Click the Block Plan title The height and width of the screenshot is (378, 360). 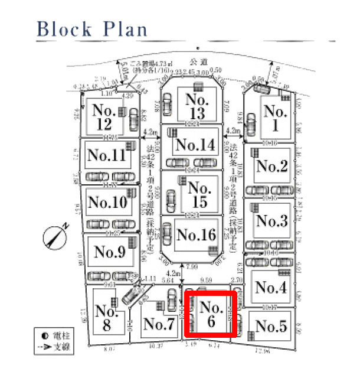tap(91, 28)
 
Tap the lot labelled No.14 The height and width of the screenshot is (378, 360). tap(195, 145)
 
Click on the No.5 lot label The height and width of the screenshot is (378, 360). tap(271, 327)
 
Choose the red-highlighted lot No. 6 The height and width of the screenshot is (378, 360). tap(211, 314)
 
